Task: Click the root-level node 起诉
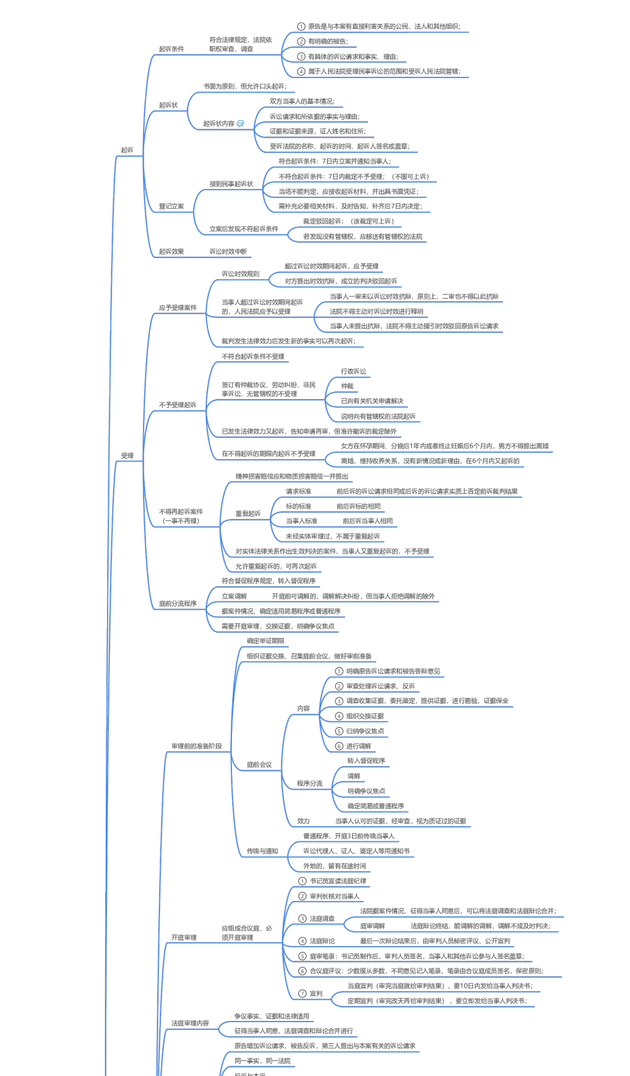(127, 150)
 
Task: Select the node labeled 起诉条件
(171, 49)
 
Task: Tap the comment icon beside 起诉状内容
(240, 124)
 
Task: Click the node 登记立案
(171, 206)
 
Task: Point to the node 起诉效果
(171, 252)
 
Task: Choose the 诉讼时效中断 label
(228, 252)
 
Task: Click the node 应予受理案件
(178, 307)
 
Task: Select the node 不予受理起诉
(178, 405)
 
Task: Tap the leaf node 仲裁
(347, 386)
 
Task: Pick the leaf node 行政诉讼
(353, 371)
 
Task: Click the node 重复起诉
(248, 514)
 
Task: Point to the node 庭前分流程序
(178, 603)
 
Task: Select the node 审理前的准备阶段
(196, 746)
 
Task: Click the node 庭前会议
(259, 765)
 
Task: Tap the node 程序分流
(310, 783)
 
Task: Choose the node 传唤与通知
(262, 851)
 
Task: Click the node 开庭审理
(183, 938)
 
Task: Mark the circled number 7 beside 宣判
(303, 993)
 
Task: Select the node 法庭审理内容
(190, 1023)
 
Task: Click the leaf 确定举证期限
(265, 641)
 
